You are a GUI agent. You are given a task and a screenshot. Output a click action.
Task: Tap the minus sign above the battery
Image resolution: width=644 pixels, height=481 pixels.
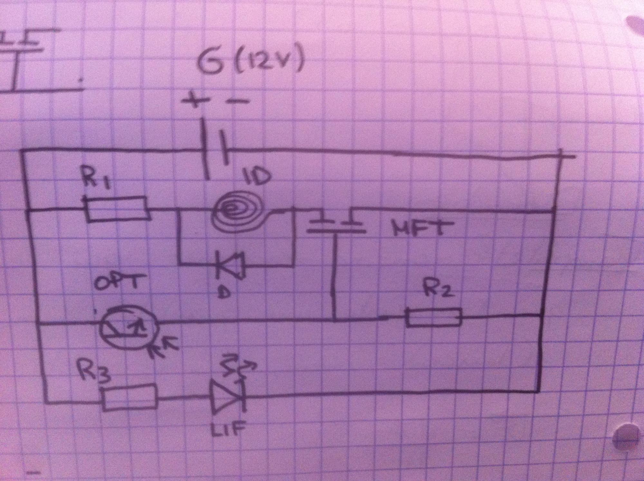point(238,102)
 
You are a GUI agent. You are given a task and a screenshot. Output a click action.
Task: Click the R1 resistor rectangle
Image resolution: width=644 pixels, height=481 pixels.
point(118,210)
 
